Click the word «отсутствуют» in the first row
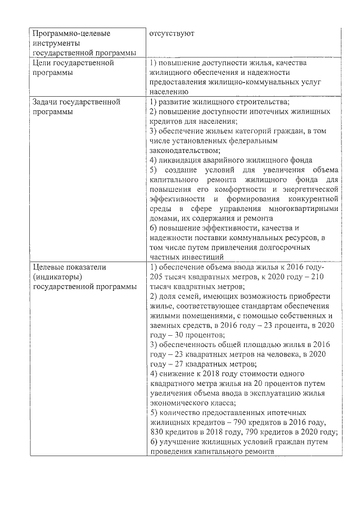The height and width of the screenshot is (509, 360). [172, 34]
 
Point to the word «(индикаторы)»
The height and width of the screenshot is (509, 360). [58, 277]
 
